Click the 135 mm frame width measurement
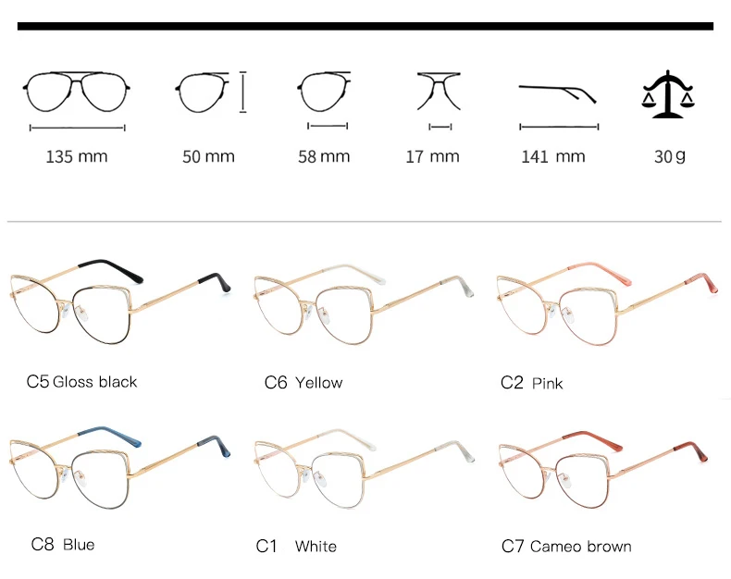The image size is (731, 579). tap(77, 156)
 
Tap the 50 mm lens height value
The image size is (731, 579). tap(208, 156)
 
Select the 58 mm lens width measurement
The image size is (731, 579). tap(324, 156)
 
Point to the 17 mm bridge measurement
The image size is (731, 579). tap(432, 156)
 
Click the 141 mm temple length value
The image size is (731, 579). tap(553, 156)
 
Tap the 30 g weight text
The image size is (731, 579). tap(669, 156)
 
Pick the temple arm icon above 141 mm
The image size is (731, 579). tap(557, 92)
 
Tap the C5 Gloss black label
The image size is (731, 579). tap(81, 381)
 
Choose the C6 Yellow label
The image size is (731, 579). tap(303, 382)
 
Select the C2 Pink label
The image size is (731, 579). tap(531, 383)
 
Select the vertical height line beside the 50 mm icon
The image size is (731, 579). tap(243, 92)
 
